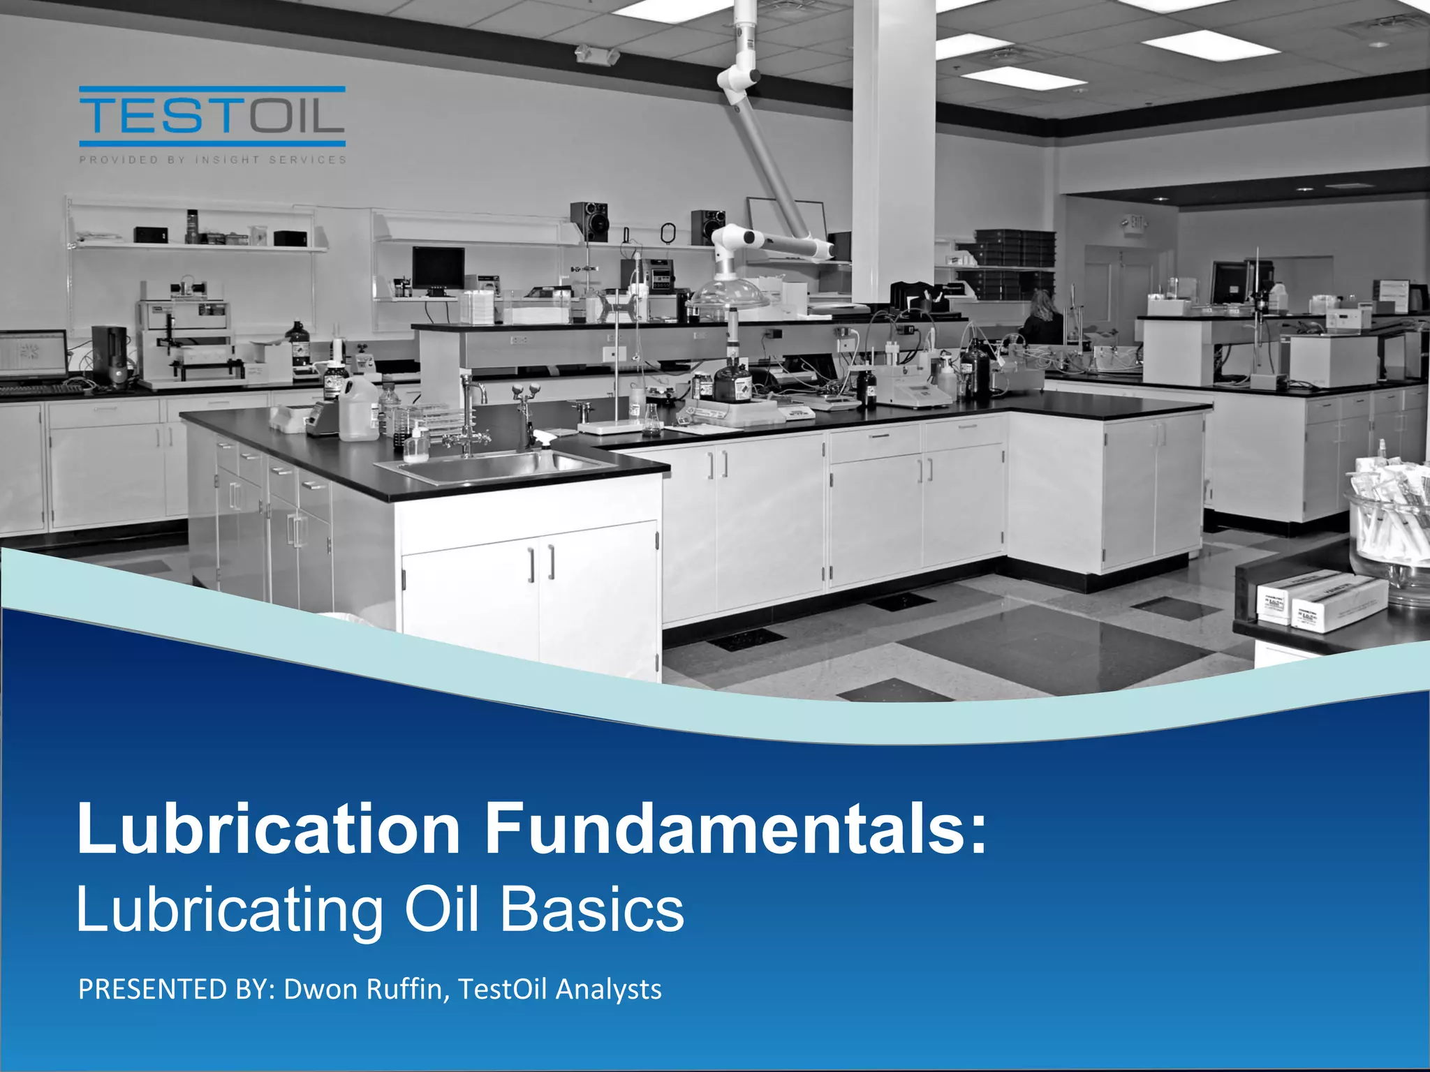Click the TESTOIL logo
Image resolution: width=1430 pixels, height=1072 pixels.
[212, 116]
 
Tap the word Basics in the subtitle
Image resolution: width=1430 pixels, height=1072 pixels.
[592, 909]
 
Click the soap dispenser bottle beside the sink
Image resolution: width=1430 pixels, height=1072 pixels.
[416, 444]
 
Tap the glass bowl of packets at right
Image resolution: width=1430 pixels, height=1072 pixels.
[1390, 530]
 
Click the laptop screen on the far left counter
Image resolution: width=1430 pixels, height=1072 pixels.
[33, 355]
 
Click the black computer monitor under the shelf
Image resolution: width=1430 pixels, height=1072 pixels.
[438, 269]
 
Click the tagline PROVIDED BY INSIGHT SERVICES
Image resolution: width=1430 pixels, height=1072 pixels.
[212, 160]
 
